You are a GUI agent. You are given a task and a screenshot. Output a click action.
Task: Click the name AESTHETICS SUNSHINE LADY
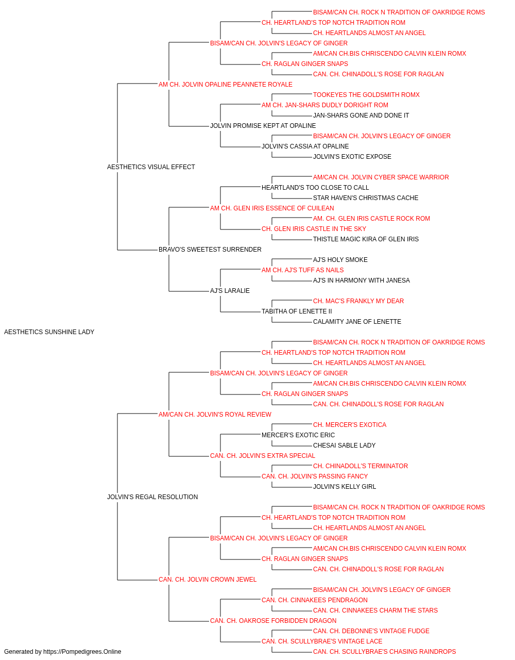(49, 332)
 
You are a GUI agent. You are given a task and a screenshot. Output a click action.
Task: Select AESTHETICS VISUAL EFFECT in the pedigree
(151, 167)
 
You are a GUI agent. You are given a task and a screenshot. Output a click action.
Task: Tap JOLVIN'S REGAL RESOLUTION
(152, 497)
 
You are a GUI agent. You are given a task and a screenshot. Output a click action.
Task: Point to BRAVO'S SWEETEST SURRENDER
(210, 250)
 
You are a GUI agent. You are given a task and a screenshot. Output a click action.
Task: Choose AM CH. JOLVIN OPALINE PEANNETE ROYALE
(226, 85)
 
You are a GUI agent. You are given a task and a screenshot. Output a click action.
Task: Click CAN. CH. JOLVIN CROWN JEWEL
(208, 580)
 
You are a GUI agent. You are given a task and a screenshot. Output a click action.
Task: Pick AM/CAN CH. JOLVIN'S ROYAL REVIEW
(215, 414)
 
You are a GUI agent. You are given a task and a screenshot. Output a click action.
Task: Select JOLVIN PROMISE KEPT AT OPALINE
(263, 126)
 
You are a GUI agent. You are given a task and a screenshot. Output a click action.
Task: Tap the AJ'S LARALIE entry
(230, 291)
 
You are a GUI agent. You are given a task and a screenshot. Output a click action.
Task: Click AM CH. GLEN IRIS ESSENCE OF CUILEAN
(272, 208)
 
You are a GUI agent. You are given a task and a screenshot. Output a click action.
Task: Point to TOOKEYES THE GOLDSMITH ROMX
(366, 95)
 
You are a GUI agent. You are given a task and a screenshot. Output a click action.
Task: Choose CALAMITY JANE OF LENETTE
(357, 322)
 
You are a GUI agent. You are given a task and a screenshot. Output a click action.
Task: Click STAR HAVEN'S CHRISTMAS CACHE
(366, 197)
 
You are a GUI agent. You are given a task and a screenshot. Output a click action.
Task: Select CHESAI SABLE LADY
(344, 445)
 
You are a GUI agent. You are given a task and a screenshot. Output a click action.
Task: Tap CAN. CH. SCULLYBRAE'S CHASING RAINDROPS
(384, 652)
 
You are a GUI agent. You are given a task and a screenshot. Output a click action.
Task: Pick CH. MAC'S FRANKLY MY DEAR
(358, 301)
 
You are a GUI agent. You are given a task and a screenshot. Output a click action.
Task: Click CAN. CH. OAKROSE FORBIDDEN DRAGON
(273, 620)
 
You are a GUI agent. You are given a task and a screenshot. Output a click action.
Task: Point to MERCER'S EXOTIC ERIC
(298, 435)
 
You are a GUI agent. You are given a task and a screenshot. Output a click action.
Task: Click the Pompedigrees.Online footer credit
(62, 652)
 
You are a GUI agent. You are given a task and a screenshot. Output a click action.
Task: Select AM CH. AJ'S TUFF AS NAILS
(303, 270)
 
